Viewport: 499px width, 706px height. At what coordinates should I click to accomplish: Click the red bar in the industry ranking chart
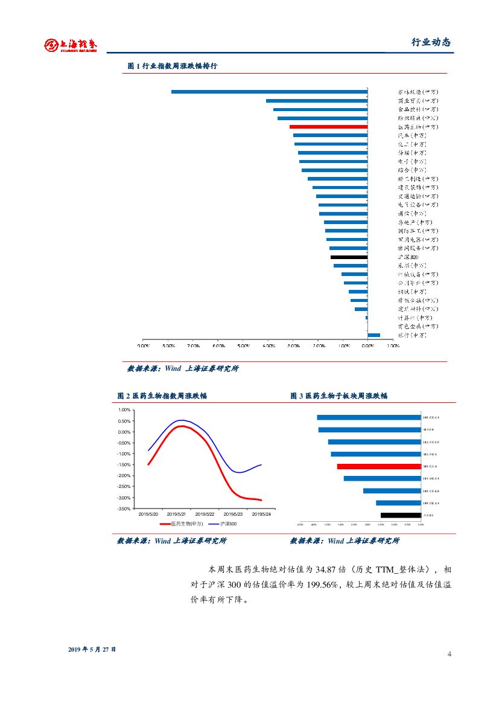328,127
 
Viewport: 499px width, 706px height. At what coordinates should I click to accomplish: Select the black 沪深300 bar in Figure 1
349,257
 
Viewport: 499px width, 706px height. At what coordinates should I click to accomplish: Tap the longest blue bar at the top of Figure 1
269,92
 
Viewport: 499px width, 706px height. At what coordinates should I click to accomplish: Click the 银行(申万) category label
412,335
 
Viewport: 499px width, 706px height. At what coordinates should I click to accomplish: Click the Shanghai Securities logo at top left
70,45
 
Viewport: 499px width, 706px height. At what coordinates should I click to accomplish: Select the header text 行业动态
431,42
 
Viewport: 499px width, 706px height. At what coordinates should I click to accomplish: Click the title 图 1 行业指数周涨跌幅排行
172,66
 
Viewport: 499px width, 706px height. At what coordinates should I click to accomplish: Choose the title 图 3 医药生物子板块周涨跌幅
338,396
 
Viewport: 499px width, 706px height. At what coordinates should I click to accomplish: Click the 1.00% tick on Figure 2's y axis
124,410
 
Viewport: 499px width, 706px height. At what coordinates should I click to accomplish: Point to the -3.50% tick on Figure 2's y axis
123,509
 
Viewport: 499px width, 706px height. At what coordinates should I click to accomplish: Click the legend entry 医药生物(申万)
186,524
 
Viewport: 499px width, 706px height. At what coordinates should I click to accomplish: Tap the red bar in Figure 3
378,466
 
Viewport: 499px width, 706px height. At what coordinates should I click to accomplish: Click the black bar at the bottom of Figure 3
400,515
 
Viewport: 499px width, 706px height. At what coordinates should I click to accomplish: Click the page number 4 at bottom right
450,655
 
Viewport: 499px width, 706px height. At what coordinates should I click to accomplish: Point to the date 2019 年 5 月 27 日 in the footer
92,649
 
